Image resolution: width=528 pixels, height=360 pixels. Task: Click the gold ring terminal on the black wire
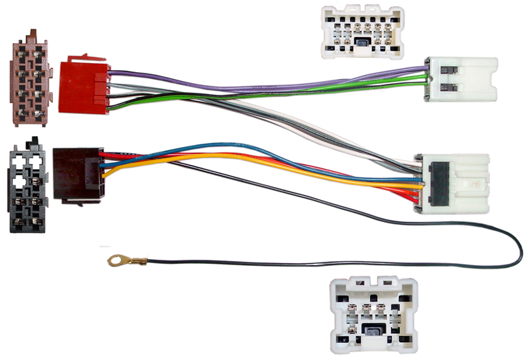coord(115,260)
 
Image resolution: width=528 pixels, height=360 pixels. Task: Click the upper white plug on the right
coord(461,78)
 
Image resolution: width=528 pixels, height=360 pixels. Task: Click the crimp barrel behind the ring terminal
coord(137,261)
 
